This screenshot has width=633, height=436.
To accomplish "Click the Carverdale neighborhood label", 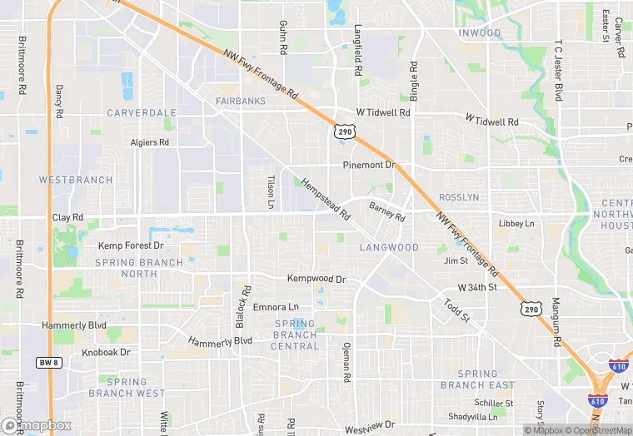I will tap(142, 112).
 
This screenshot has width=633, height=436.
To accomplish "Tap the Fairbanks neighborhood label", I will tap(241, 102).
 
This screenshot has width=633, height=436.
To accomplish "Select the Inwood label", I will tap(480, 33).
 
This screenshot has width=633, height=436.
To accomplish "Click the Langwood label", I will tap(389, 247).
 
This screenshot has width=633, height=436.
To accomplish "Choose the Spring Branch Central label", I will tap(295, 334).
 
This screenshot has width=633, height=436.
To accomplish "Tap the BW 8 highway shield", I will tap(48, 362).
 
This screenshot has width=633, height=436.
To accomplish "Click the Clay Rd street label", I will tap(67, 217).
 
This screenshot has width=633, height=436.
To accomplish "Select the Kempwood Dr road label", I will tap(316, 279).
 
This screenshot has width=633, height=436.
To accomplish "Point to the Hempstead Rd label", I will tap(326, 200).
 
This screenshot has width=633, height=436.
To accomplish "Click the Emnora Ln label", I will tap(275, 306).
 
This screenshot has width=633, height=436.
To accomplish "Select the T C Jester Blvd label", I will tap(559, 67).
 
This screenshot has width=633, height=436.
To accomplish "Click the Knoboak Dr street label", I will tap(106, 353).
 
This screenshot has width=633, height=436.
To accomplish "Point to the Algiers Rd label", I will tap(150, 142).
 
